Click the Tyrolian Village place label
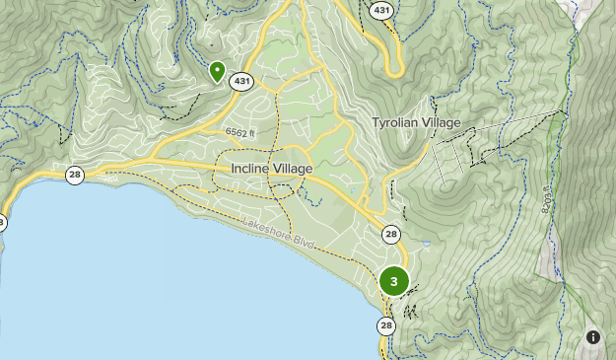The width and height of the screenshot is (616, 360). point(416,123)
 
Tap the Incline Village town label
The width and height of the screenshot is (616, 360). point(272,169)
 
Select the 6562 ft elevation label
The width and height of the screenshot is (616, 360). point(240,131)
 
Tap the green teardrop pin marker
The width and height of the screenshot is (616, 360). point(217,71)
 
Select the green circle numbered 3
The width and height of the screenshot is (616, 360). point(394,281)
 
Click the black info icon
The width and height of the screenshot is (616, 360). point(593,337)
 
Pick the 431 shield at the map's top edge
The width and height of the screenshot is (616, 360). point(380,9)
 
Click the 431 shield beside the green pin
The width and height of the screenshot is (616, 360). point(241,82)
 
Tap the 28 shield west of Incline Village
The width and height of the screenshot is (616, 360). point(75,176)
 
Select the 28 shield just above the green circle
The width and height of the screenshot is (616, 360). point(392,234)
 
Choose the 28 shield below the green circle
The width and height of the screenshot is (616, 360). point(385,325)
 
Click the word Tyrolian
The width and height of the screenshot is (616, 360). point(394,123)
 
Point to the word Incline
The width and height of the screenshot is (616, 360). point(251,169)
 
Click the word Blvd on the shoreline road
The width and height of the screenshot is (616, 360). point(304,242)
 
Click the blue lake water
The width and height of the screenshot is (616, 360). point(148,286)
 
